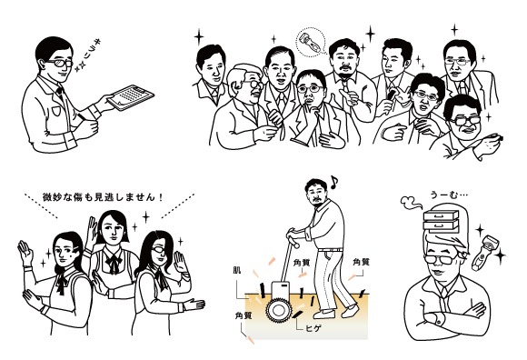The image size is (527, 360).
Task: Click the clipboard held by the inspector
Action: click(131, 97)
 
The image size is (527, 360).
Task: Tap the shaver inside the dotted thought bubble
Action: click(311, 43)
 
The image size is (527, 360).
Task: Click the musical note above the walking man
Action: click(333, 182)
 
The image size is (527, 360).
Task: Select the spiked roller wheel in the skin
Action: click(279, 310)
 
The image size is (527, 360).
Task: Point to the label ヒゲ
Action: click(313, 328)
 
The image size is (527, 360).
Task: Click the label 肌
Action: click(237, 270)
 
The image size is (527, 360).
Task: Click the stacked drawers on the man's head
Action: click(441, 221)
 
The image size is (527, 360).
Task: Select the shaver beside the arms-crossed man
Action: click(484, 253)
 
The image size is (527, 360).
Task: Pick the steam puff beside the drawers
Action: click(411, 202)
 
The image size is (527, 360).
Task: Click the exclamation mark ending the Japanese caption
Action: click(162, 197)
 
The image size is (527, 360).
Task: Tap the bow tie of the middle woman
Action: click(113, 264)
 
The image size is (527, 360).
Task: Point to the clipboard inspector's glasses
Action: click(61, 63)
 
